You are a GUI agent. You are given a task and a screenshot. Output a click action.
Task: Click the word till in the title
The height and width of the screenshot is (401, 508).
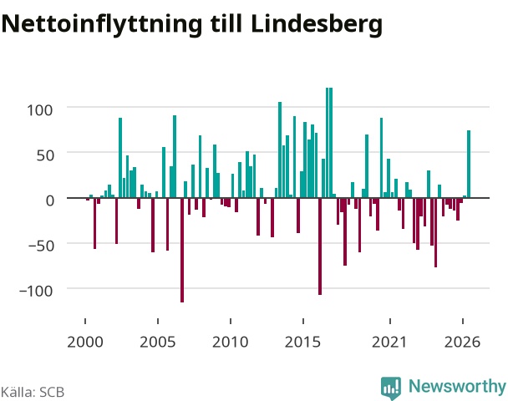[x=226, y=24]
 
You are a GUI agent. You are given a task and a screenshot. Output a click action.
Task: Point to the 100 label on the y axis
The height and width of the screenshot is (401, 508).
[x=39, y=110]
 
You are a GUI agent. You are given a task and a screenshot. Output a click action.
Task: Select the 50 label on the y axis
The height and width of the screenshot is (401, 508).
[x=45, y=155]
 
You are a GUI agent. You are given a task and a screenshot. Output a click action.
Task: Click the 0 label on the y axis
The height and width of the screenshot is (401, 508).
[x=49, y=200]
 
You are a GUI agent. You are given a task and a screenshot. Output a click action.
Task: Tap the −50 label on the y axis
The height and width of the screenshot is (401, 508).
[x=40, y=246]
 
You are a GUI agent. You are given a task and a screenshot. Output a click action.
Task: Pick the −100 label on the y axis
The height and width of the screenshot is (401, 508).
[x=36, y=291]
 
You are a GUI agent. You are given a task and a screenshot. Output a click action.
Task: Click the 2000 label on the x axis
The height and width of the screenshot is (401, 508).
[x=85, y=342]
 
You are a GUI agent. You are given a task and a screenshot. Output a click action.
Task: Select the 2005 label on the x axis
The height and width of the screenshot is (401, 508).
[x=158, y=342]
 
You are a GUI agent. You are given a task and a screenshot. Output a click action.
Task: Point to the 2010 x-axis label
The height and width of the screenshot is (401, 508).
[x=231, y=342]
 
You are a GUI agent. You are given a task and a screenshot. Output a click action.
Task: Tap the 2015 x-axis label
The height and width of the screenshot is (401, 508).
[x=303, y=342]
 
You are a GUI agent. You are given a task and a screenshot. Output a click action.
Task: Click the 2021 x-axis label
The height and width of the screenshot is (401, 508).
[x=389, y=342]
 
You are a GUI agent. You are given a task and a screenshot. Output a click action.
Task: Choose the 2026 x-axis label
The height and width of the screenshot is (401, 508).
[x=462, y=342]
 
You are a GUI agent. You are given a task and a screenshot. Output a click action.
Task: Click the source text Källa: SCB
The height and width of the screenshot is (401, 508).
[x=33, y=392]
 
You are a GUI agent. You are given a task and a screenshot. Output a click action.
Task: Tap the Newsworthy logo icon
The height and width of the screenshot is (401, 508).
[x=391, y=388]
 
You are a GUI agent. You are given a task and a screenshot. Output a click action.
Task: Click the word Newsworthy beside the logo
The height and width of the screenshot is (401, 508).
[x=457, y=386]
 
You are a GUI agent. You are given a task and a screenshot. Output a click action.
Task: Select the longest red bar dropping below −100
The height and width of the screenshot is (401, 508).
[x=182, y=250]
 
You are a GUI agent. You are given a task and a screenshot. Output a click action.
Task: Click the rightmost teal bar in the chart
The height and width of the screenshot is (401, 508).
[x=469, y=164]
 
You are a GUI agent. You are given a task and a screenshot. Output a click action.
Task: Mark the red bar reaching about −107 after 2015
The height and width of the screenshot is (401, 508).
[x=320, y=246]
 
